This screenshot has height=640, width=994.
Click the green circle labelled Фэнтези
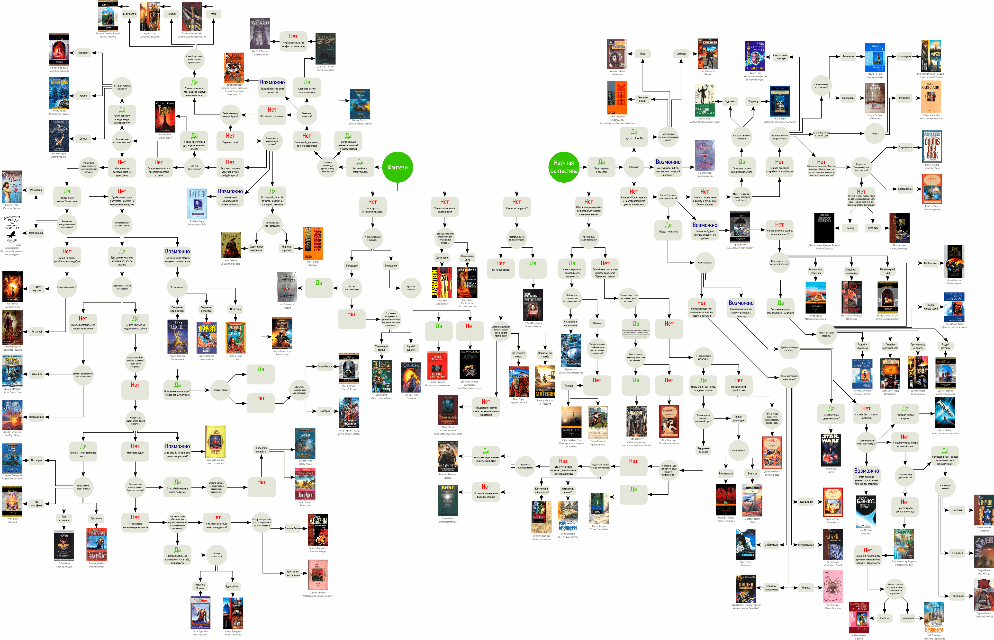click(398, 167)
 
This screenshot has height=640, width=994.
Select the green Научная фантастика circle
click(564, 167)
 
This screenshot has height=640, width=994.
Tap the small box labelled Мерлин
click(171, 14)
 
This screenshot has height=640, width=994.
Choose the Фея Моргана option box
click(129, 14)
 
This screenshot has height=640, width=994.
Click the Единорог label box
click(83, 53)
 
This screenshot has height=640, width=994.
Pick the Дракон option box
click(83, 139)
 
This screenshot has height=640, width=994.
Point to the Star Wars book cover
click(830, 449)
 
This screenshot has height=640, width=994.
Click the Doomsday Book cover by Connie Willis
click(932, 146)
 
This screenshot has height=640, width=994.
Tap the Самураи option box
click(681, 53)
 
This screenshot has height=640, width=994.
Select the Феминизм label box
click(848, 56)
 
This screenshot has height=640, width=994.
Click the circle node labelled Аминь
click(875, 133)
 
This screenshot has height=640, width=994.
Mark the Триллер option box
click(850, 228)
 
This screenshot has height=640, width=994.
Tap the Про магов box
click(96, 518)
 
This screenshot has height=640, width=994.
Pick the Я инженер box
click(958, 553)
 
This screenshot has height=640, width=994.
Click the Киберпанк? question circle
click(634, 167)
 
